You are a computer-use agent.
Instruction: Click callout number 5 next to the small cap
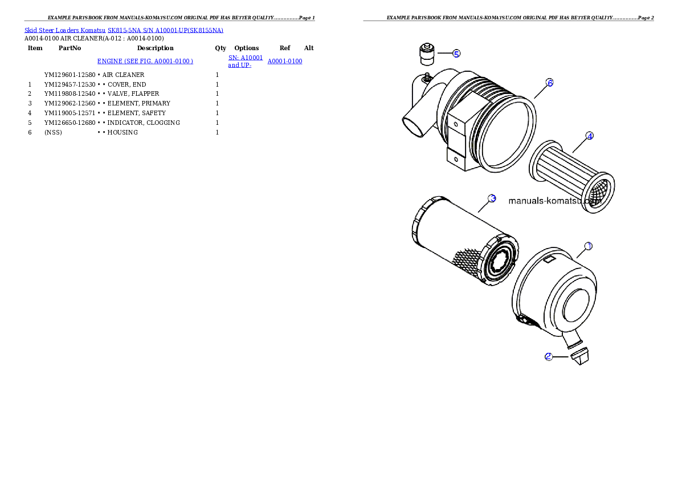pos(456,54)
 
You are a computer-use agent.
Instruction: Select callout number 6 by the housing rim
pos(549,83)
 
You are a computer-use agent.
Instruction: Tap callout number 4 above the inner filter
pos(590,136)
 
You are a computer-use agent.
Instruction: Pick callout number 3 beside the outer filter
pos(492,198)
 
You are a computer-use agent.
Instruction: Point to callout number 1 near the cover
pos(589,246)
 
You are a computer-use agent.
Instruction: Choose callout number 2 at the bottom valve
pos(548,357)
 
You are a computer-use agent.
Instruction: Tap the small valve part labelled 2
pos(579,357)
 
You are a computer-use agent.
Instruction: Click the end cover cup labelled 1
pos(556,296)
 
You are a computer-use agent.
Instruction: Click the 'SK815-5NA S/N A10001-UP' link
pos(165,30)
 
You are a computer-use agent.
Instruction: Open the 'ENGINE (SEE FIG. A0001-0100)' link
pos(145,61)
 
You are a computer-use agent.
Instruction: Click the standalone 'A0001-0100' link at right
pos(284,61)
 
